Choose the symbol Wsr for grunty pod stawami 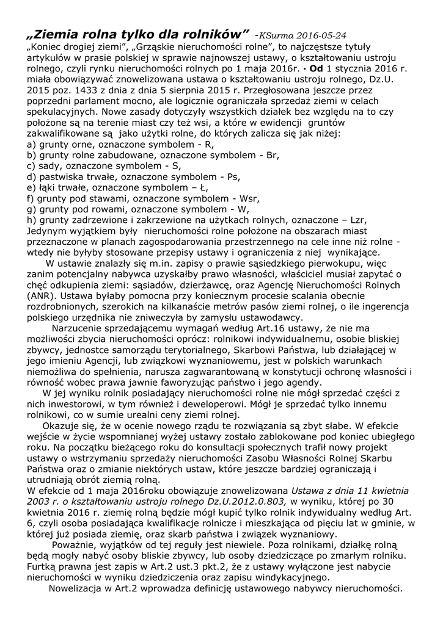pyautogui.click(x=247, y=198)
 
